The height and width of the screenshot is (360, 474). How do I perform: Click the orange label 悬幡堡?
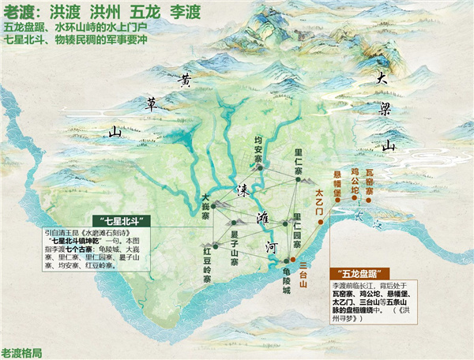tap(336, 182)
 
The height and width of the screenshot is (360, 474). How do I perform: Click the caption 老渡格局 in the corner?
tap(22, 352)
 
